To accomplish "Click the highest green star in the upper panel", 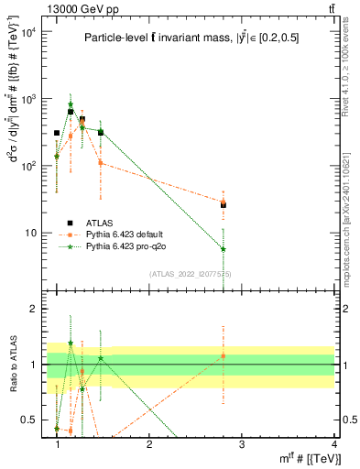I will (x=71, y=104).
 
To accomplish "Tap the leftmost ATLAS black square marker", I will (x=57, y=133).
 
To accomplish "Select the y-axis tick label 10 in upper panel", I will (x=33, y=233).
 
